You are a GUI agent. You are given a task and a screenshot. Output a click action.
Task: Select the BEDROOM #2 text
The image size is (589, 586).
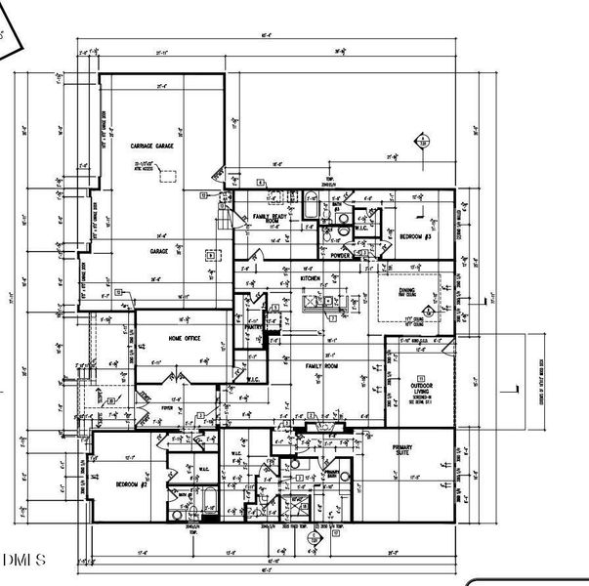coord(130,484)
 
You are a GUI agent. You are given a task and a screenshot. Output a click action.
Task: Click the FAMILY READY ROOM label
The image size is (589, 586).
coord(274,219)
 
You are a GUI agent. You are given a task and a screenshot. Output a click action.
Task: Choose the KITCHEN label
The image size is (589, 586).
coord(311,278)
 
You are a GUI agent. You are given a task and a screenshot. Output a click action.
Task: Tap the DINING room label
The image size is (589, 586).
coord(407,290)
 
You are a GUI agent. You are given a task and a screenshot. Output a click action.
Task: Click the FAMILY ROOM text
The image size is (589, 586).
coord(320,366)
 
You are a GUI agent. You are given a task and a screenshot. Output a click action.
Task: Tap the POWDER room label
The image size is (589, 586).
coord(341,254)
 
